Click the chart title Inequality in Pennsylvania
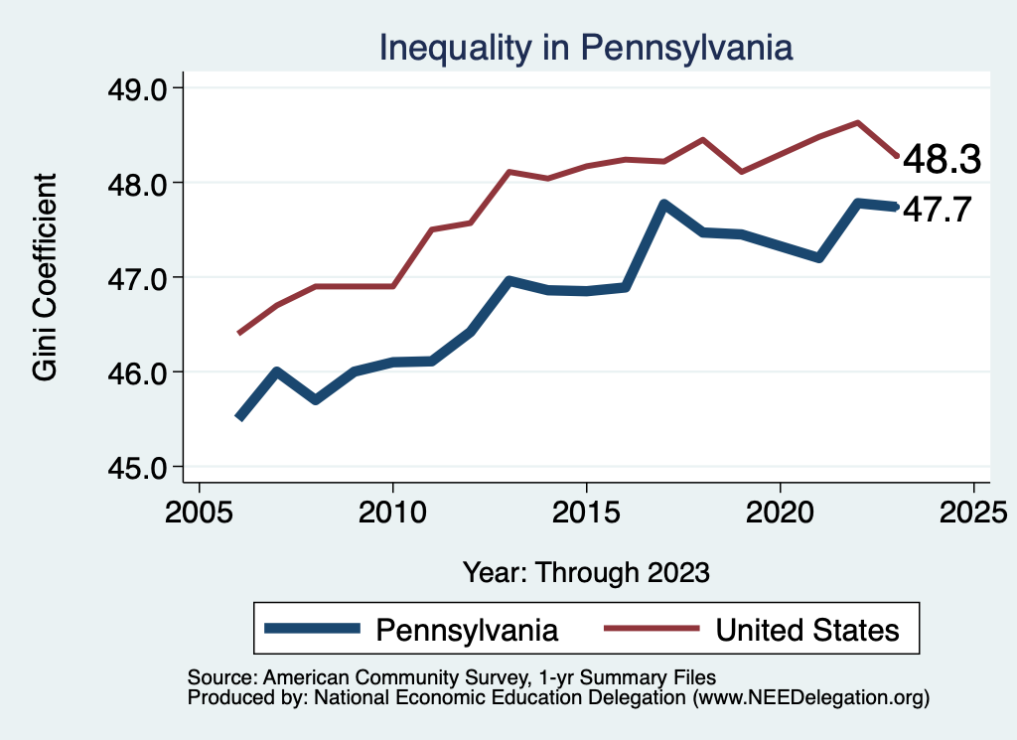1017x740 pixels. pyautogui.click(x=586, y=48)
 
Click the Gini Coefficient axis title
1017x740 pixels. pyautogui.click(x=46, y=277)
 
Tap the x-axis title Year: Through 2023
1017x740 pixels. pyautogui.click(x=586, y=572)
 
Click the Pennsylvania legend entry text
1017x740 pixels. pyautogui.click(x=466, y=630)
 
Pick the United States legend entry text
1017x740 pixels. pyautogui.click(x=807, y=630)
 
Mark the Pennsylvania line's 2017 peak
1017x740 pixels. pyautogui.click(x=663, y=205)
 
